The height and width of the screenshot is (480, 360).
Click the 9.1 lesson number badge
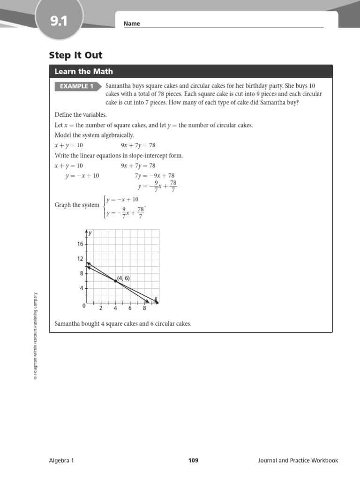tap(59, 21)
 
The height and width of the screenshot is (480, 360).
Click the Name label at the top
tap(132, 24)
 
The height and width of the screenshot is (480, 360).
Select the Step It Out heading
tap(75, 56)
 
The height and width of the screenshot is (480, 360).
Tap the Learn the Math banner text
tap(83, 72)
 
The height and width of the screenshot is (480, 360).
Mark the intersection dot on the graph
tap(115, 280)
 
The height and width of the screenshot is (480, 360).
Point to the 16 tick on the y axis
tap(80, 244)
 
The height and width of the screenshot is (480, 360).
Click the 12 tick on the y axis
tap(80, 259)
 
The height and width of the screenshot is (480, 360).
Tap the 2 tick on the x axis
tap(101, 308)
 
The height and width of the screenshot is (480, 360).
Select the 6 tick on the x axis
tap(130, 308)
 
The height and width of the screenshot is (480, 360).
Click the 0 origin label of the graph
tap(84, 306)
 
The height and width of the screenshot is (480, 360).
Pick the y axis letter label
tap(90, 233)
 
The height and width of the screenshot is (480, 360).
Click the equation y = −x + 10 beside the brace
tap(122, 199)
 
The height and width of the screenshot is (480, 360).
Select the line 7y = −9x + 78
tap(155, 176)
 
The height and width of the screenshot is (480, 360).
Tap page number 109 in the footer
tap(193, 460)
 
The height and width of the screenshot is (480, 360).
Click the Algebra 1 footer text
tap(61, 460)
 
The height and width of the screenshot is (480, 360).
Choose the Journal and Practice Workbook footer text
tap(298, 460)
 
